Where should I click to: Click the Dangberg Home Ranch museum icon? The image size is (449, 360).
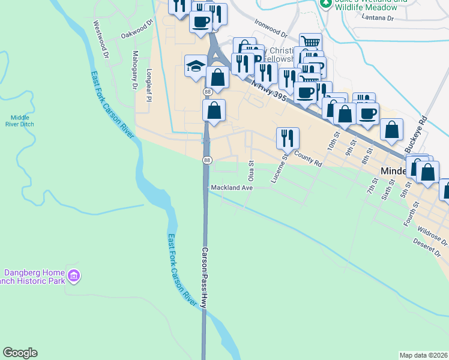[74, 277]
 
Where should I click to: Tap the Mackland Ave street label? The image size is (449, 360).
[232, 188]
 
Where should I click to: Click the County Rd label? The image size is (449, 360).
[308, 159]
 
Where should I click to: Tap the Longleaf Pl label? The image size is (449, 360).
[148, 83]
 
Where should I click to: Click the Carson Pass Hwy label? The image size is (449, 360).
[205, 278]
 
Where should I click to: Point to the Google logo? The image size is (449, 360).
[20, 353]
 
